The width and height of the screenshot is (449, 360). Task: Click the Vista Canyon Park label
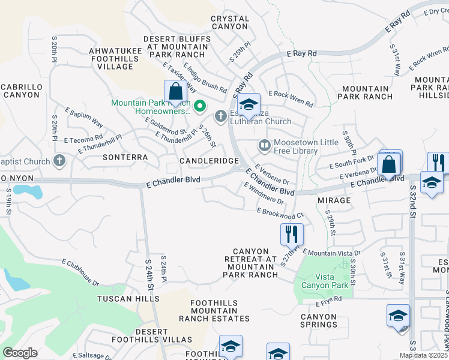(x=325, y=281)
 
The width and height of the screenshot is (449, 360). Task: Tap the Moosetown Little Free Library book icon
(x=264, y=145)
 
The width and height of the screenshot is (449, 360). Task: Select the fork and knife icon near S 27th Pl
(x=292, y=234)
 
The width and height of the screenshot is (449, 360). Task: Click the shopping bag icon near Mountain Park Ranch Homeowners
(x=175, y=93)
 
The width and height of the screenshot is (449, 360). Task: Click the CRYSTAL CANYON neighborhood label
(x=229, y=23)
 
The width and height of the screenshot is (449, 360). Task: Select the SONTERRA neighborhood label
(x=125, y=157)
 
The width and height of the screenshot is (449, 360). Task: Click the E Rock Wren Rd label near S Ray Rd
(x=291, y=98)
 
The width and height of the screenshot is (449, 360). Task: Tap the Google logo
(x=20, y=353)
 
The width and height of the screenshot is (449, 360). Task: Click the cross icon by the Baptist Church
(x=58, y=161)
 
